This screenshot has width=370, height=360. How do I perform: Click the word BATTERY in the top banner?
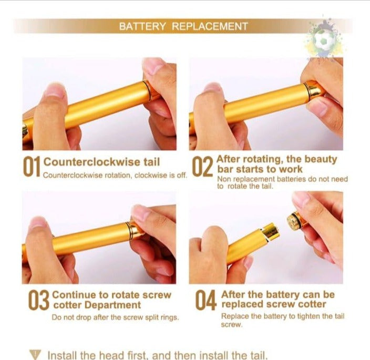142,26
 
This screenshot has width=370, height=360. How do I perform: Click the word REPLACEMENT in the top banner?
210,26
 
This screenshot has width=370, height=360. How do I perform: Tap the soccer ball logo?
324,40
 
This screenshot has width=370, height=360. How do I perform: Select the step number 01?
32,167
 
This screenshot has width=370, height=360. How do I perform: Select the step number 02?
202,167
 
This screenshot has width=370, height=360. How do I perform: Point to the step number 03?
39,300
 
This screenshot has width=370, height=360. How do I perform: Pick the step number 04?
206,300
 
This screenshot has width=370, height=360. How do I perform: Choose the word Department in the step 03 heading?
113,305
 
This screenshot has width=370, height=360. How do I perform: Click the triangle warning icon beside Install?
35,354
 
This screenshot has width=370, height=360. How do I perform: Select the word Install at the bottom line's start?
63,355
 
